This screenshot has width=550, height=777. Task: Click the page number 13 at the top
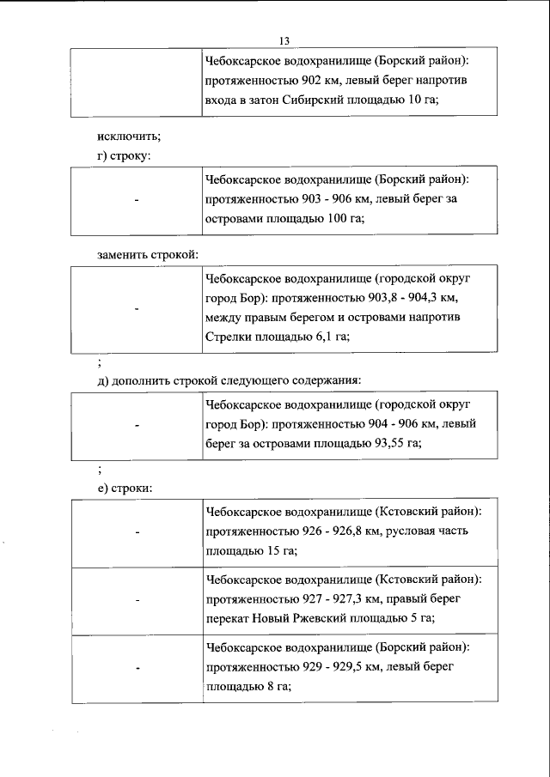coord(284,40)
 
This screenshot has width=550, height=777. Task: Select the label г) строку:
coord(124,155)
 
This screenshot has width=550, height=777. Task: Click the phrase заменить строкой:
coord(147,256)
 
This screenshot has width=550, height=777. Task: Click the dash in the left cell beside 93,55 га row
coord(137,424)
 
